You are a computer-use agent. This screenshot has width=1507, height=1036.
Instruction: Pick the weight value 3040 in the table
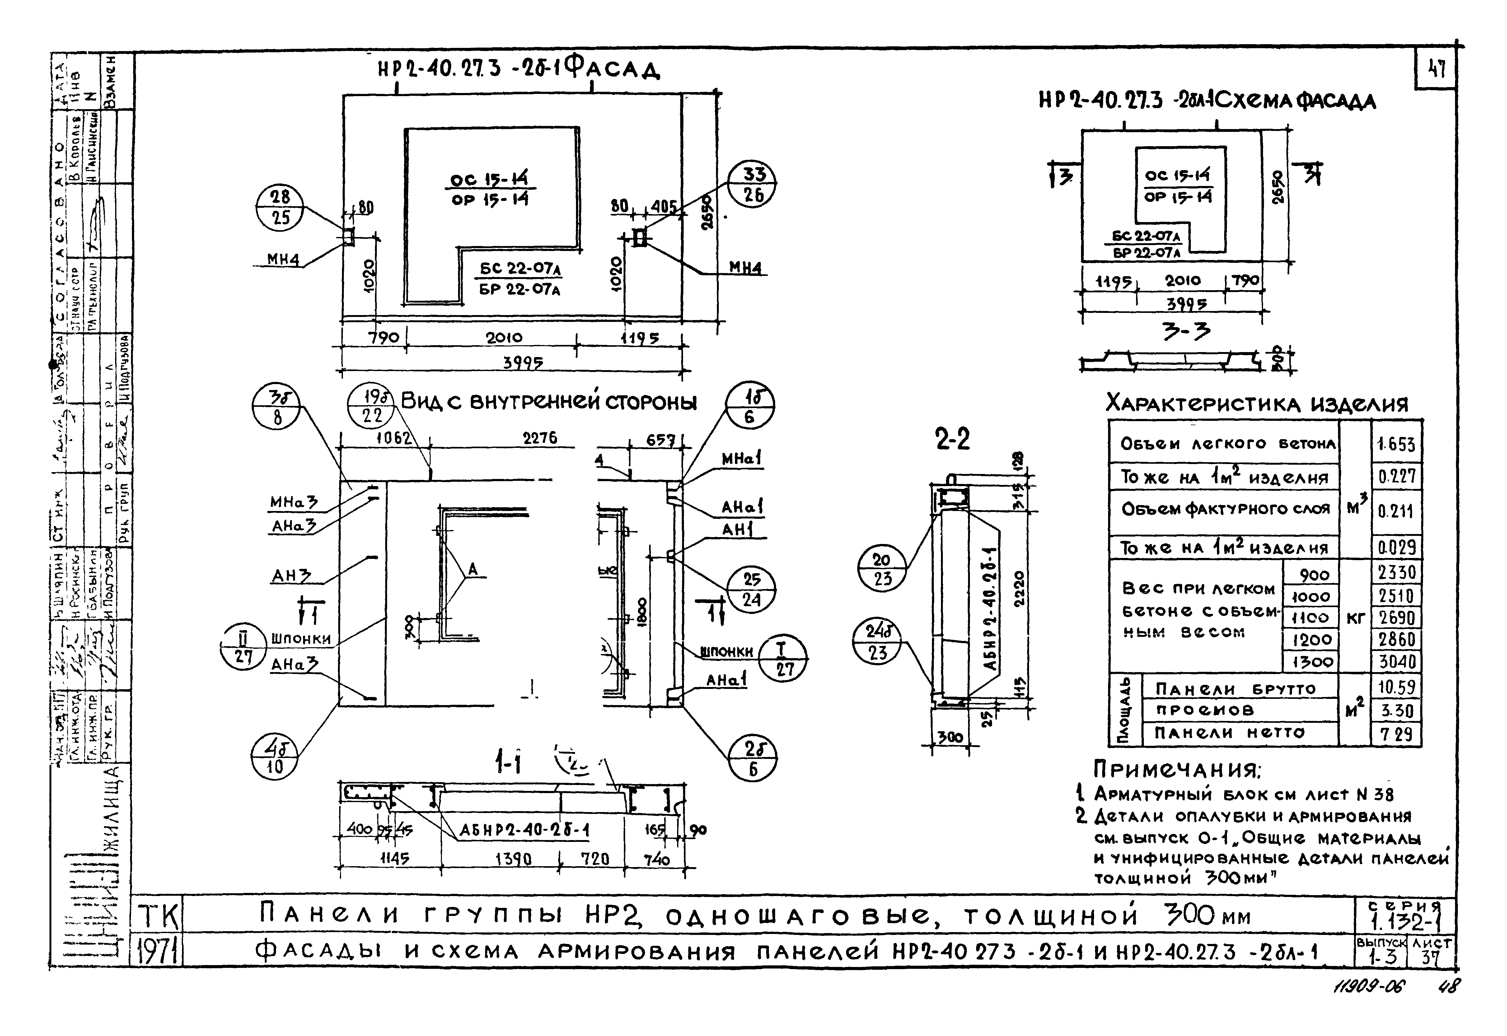(x=1396, y=662)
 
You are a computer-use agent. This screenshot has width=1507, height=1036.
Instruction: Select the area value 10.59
(x=1396, y=687)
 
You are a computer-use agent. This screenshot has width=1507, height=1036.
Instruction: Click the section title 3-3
(x=1186, y=332)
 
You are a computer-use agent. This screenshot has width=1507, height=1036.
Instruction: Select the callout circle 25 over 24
(x=751, y=589)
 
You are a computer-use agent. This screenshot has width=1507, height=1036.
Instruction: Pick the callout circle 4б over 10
(x=275, y=756)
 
